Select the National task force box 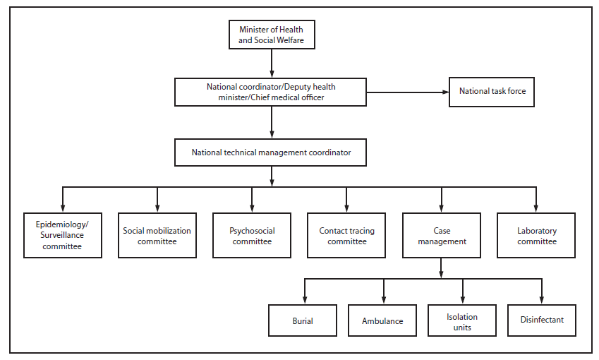click(x=492, y=92)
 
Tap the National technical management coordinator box click(x=272, y=152)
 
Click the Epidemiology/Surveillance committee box click(x=62, y=236)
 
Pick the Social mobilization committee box click(x=157, y=236)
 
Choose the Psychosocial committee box click(x=252, y=236)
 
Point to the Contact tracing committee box click(x=346, y=236)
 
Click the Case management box click(x=442, y=236)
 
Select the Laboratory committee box click(x=536, y=236)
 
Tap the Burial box click(x=303, y=320)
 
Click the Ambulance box click(x=383, y=320)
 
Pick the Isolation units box click(x=462, y=320)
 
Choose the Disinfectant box click(x=542, y=320)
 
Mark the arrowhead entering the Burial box click(x=304, y=300)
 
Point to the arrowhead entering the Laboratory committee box click(x=536, y=208)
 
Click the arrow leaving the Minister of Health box click(x=272, y=64)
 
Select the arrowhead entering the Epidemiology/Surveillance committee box click(x=62, y=208)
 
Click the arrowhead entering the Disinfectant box click(x=542, y=300)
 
